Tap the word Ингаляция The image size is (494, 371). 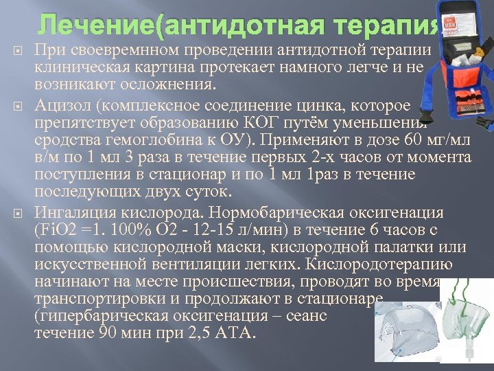tap(75, 212)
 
